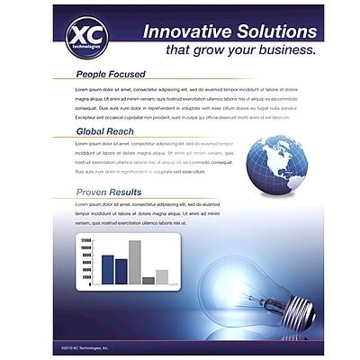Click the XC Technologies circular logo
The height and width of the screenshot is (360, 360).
coord(87,38)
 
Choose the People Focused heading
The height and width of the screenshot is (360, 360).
coord(111,74)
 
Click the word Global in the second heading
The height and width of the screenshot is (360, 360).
coord(94,131)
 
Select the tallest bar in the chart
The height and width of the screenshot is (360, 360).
coord(135,262)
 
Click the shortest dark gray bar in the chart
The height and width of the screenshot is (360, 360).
coord(148,280)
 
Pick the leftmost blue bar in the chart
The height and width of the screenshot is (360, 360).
coord(108,269)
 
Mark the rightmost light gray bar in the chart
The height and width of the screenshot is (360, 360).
coord(162,276)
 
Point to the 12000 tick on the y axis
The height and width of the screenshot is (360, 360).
coord(86,241)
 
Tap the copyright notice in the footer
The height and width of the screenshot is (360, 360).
coord(85,346)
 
